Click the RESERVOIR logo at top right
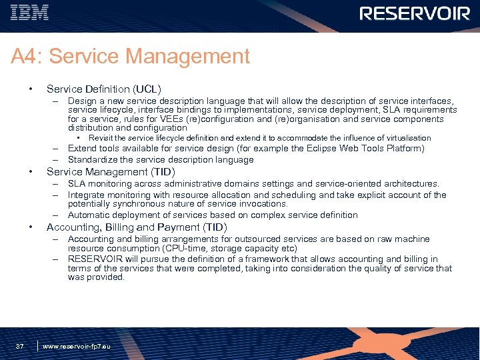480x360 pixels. pos(415,13)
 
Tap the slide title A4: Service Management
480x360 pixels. pos(130,57)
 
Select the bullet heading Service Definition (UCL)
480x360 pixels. pos(103,89)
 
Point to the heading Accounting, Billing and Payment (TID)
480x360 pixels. pos(137,227)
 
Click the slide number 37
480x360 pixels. pos(20,346)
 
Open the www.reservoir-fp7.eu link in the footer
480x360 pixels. pos(76,347)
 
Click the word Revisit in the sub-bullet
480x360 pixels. pos(101,138)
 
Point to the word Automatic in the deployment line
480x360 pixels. pos(90,215)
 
